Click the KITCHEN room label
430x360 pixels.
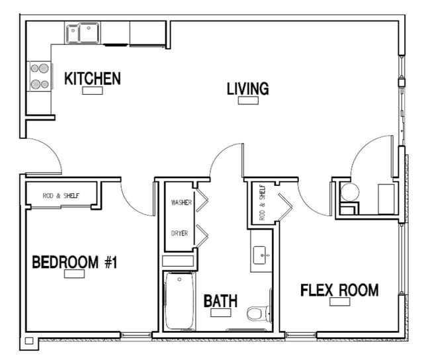92,79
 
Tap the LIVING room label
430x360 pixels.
247,89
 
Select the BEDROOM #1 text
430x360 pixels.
74,263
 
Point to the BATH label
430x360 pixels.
220,301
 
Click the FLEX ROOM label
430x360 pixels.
339,290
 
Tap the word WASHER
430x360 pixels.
181,202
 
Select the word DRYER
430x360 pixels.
179,234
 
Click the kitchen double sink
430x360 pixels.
82,32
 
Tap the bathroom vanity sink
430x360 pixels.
260,254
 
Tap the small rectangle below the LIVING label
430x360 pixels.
248,101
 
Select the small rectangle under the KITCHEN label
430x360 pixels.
92,91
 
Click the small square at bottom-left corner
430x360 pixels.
28,342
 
